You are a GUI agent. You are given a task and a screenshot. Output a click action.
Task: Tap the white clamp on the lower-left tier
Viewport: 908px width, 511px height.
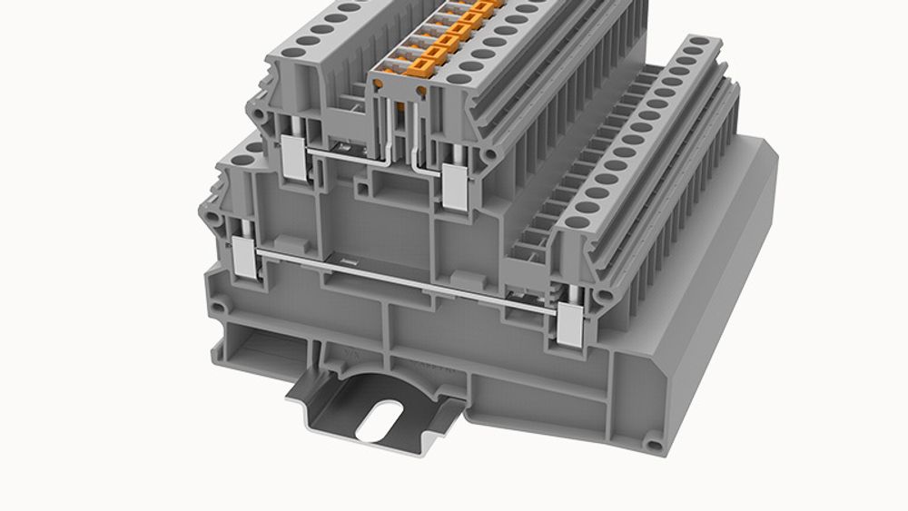click(246, 258)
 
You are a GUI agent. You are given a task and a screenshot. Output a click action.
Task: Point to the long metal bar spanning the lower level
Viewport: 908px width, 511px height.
click(409, 276)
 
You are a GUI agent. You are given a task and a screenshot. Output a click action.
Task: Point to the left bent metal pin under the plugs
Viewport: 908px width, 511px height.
click(389, 145)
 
